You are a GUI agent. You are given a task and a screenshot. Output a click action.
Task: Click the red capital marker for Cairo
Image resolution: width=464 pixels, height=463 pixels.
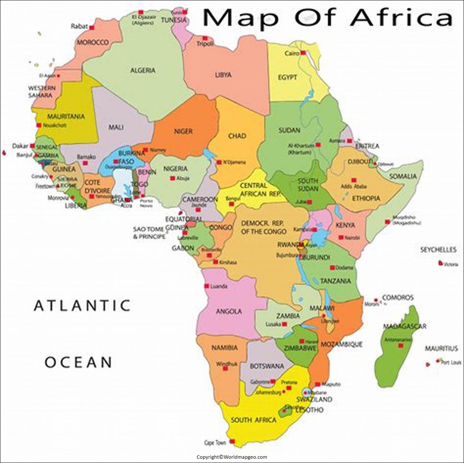[303, 53]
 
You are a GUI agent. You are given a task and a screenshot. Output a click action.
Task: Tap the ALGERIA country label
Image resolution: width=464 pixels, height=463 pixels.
[143, 71]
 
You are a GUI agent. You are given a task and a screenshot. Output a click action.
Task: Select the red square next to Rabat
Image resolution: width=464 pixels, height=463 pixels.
[92, 27]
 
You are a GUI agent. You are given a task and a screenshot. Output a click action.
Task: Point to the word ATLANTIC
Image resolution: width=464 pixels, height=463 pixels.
[82, 305]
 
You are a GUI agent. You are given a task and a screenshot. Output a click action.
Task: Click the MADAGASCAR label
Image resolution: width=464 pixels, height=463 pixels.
[404, 326]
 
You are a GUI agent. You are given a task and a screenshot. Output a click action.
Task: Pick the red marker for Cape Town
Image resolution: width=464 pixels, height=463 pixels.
[232, 442]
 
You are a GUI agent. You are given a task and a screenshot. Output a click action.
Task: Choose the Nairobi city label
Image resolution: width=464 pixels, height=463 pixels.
[352, 238]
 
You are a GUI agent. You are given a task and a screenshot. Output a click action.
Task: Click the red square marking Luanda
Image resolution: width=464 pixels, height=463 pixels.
[207, 286]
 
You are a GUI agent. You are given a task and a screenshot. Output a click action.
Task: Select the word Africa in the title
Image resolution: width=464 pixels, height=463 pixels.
[402, 18]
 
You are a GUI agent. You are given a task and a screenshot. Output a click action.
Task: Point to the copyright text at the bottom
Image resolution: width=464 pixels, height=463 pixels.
[232, 457]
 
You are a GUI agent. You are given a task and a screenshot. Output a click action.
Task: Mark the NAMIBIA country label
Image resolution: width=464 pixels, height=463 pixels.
[224, 348]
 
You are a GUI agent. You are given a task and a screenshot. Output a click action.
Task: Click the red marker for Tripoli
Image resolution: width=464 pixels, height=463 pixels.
[205, 38]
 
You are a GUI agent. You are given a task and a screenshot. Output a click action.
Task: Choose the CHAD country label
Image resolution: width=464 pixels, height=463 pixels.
[237, 136]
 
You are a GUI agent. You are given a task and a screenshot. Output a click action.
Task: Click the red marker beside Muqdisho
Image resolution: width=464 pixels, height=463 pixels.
[387, 222]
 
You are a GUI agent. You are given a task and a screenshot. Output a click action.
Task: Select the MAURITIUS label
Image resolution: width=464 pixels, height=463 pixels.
[441, 349]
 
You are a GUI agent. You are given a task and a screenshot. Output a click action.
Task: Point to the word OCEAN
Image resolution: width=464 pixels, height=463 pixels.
[79, 362]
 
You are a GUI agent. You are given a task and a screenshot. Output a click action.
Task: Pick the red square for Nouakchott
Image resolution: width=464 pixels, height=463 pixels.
[39, 125]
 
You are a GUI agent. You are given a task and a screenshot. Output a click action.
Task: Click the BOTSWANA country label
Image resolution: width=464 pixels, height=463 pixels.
[267, 366]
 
